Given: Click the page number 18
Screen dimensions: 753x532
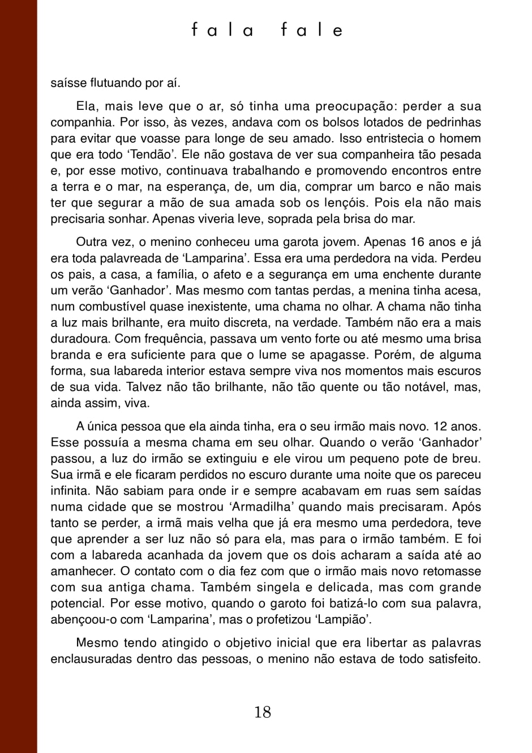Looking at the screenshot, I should click(x=263, y=712).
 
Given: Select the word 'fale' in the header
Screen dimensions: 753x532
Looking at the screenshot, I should click(x=312, y=30).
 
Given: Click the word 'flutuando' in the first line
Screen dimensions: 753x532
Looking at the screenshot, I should click(x=116, y=83).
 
